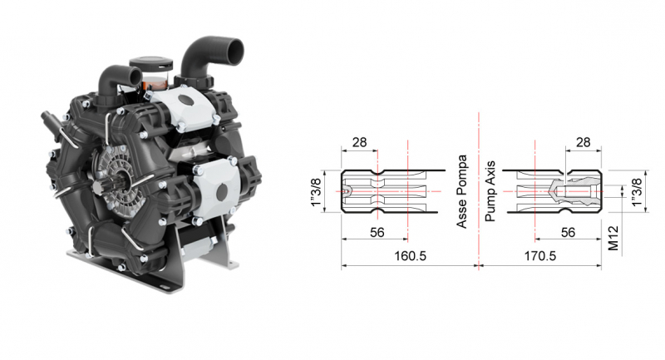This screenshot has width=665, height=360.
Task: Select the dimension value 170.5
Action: click(539, 256)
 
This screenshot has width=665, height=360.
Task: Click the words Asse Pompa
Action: click(462, 192)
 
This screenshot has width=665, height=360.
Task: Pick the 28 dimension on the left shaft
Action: click(359, 142)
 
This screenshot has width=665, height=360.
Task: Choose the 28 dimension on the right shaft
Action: click(584, 142)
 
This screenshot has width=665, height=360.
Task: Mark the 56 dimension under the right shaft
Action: click(568, 234)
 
